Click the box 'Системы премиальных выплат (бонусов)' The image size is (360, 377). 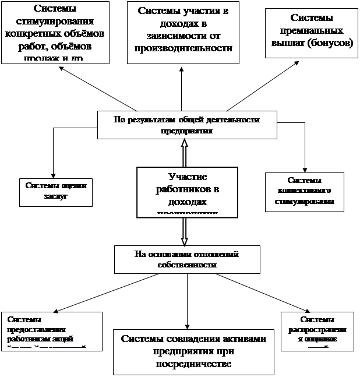coord(312,33)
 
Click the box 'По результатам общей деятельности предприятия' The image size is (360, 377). coord(186,124)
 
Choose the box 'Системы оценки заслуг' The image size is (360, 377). coord(56,191)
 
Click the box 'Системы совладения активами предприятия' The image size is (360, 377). coord(194,351)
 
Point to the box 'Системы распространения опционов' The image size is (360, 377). coord(317,330)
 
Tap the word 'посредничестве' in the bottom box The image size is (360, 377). coord(194,364)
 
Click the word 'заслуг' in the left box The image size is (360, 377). coord(56,197)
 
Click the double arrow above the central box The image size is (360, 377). coord(185,153)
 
